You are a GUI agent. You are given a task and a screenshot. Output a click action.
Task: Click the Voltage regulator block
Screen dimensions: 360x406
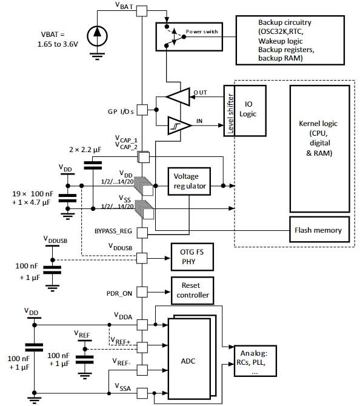189,181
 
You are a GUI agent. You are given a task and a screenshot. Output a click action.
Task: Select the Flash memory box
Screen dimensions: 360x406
319,230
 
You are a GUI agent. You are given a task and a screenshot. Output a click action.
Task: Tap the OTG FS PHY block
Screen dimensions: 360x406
192,257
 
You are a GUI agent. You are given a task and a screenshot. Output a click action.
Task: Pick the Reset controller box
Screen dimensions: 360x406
193,290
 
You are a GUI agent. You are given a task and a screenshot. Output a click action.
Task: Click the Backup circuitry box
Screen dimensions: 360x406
290,40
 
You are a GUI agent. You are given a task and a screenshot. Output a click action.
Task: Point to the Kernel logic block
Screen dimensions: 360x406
320,149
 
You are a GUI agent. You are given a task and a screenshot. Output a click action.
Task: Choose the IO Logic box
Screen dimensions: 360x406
250,110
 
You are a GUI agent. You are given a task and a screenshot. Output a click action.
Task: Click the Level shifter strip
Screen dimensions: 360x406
229,110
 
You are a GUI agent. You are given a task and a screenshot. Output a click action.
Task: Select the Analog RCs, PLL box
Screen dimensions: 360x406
255,361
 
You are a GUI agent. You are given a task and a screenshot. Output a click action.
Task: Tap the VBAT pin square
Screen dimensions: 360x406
142,11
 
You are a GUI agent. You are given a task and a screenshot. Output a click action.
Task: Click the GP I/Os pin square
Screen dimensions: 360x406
142,110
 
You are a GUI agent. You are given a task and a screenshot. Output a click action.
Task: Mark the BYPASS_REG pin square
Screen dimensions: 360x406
142,233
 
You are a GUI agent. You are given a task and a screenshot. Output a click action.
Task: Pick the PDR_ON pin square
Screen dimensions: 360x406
142,292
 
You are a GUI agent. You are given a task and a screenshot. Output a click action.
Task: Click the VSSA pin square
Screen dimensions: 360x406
142,393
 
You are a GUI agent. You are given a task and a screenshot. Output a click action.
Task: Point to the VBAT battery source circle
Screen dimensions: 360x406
97,36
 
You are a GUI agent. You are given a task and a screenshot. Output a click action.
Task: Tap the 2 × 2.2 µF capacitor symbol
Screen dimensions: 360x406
93,165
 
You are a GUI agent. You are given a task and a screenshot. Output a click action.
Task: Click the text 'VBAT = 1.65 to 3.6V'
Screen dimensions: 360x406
58,39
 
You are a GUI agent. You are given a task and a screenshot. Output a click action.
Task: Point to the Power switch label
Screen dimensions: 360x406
202,32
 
